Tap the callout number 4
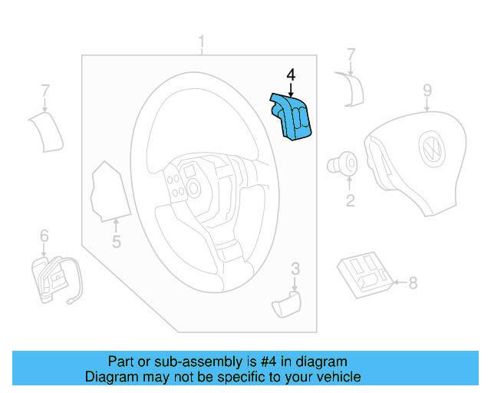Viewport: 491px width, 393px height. (290, 75)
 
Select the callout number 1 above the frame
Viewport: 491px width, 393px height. (202, 41)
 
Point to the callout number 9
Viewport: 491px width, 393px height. (427, 92)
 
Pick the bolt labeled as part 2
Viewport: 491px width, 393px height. (343, 163)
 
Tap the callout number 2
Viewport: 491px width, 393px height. (350, 201)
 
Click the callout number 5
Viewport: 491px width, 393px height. (116, 243)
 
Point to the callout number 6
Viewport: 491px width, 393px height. (44, 235)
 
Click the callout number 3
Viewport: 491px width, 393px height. (295, 268)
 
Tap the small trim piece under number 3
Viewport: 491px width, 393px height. (286, 303)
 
